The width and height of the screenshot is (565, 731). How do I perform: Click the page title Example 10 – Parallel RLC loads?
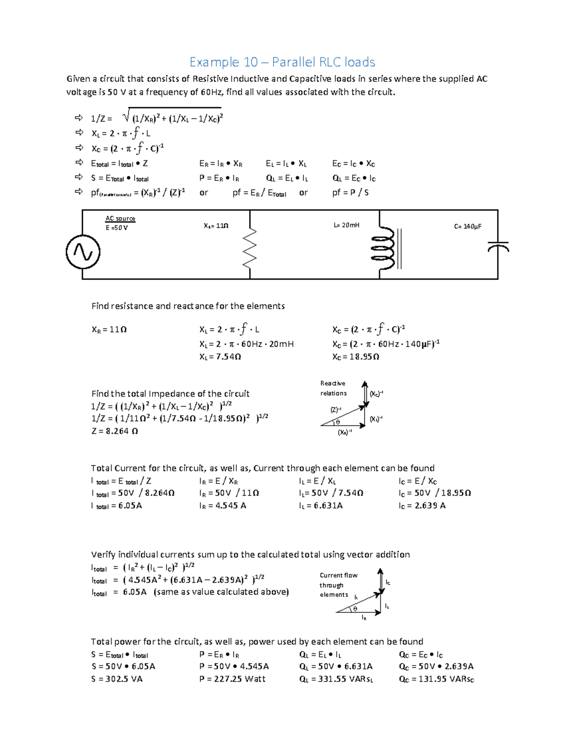pos(282,62)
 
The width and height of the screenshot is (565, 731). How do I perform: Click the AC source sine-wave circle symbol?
pos(83,252)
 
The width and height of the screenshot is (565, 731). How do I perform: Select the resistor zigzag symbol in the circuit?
pos(250,247)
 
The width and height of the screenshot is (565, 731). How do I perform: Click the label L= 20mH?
pos(346,225)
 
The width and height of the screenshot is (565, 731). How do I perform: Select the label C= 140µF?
pos(468,226)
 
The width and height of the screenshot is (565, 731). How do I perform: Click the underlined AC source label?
pos(120,218)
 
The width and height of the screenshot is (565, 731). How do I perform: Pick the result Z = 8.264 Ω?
pos(114,431)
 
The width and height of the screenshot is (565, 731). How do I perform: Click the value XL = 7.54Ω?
pos(220,357)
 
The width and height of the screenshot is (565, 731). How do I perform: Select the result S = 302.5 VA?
pos(117,679)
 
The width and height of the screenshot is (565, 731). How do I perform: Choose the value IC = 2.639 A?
pos(422,506)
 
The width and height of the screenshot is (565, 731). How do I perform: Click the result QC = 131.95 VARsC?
pos(436,679)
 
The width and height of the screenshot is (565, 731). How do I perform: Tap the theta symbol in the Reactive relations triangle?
pos(338,422)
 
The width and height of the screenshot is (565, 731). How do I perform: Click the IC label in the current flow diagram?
pos(388,583)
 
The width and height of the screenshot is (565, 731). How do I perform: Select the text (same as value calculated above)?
pos(221,592)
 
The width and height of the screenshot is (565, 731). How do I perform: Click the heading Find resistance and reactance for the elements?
pos(188,306)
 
